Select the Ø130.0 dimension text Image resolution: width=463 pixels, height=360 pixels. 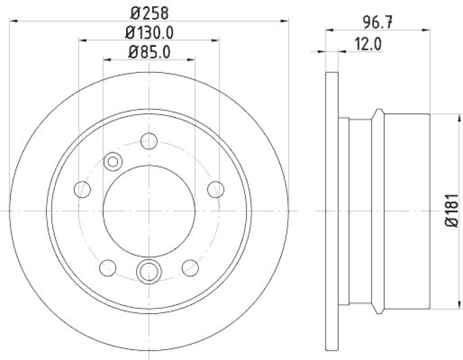[149, 32]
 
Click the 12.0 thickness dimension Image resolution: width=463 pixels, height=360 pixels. [370, 43]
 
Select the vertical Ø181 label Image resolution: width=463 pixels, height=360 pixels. [454, 212]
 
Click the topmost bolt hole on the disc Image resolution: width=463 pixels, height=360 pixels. [149, 141]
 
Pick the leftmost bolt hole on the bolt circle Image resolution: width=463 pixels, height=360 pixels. [83, 189]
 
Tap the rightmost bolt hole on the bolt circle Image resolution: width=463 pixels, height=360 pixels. [216, 189]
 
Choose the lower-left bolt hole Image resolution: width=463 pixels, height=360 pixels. [108, 267]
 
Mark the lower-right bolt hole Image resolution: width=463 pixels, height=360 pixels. [190, 267]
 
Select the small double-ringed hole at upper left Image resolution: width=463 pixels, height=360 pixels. [112, 162]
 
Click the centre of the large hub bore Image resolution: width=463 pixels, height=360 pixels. [149, 211]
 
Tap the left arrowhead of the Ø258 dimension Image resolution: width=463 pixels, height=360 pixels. [14, 21]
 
